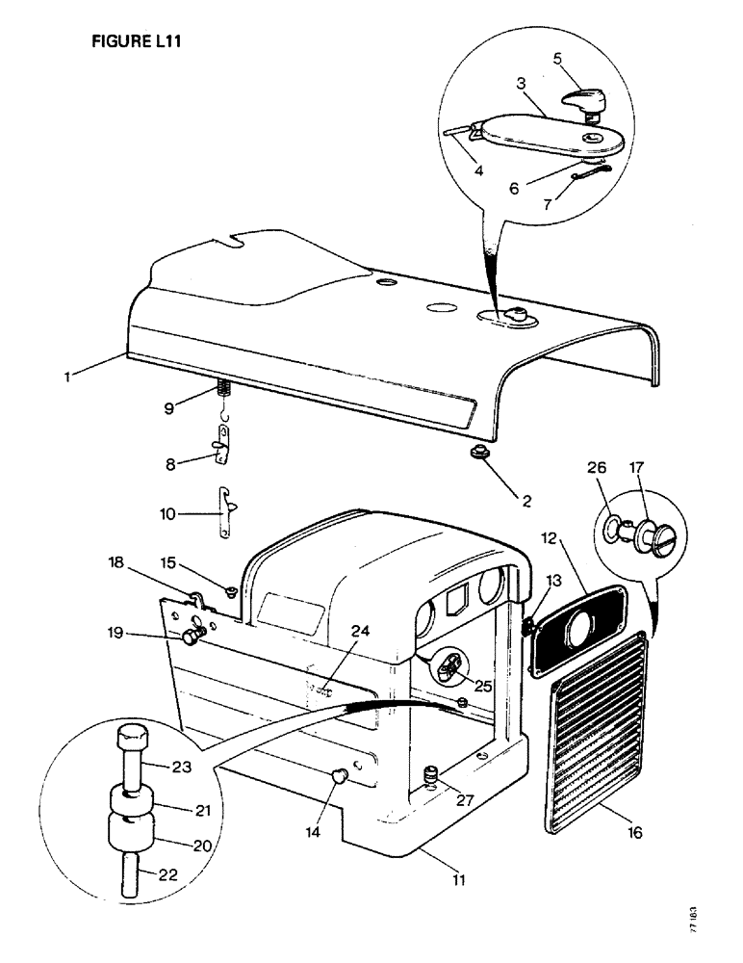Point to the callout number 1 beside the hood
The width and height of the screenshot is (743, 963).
point(67,377)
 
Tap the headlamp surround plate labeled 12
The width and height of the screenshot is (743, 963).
point(576,625)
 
